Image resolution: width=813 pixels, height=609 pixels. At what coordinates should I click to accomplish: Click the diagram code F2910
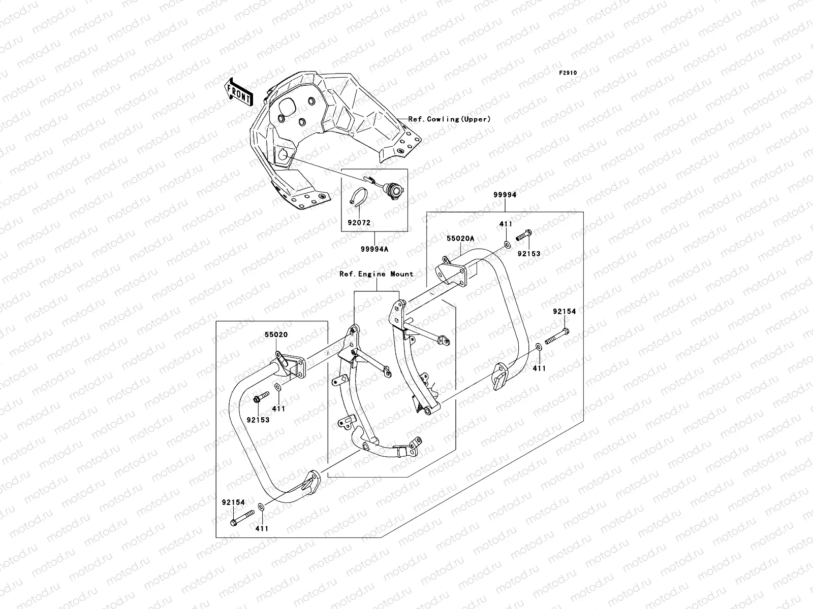[x=568, y=73]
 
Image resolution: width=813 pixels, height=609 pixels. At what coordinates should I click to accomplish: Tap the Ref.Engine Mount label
[x=377, y=274]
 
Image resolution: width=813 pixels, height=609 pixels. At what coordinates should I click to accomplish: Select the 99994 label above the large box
[x=504, y=195]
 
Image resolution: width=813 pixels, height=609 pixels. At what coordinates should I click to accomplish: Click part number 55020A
[x=460, y=238]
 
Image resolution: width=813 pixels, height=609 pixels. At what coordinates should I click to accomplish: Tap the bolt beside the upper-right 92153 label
[x=524, y=236]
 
